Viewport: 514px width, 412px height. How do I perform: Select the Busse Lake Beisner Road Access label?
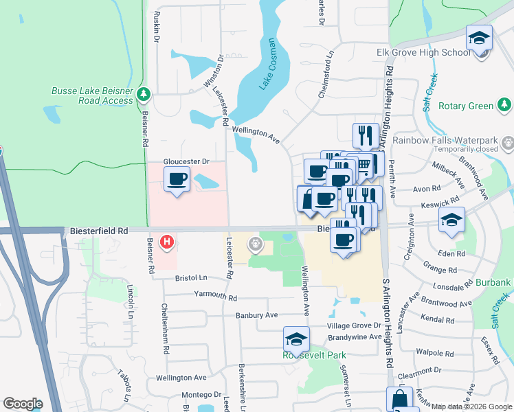91,95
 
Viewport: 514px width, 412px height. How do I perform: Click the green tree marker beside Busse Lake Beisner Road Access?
143,93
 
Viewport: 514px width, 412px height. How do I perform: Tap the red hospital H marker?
166,242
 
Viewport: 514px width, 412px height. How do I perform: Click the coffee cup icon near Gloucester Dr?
177,180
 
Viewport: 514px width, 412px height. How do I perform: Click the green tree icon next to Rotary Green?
504,105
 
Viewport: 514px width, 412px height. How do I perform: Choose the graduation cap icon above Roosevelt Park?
296,339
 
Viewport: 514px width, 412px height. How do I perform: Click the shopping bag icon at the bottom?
399,399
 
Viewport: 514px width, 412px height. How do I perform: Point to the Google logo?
23,404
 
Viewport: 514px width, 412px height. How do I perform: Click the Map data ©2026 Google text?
471,407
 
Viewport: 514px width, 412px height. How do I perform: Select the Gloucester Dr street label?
186,161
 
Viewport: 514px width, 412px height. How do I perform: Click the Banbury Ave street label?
257,315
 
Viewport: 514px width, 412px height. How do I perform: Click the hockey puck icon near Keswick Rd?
451,220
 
